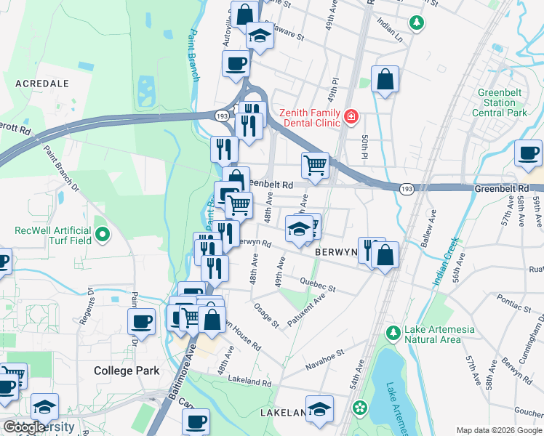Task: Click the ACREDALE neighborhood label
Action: pos(41,84)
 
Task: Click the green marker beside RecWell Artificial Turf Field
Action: pos(103,235)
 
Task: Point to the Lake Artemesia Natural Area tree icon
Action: pos(393,333)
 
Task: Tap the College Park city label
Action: pos(127,371)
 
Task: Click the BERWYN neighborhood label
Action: pos(335,251)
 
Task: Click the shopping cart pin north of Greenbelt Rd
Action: pos(315,164)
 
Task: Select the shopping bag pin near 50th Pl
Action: pos(385,79)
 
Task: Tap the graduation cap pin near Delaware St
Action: pos(260,33)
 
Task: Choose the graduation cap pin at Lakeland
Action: pos(319,408)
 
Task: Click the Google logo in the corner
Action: pos(24,427)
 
